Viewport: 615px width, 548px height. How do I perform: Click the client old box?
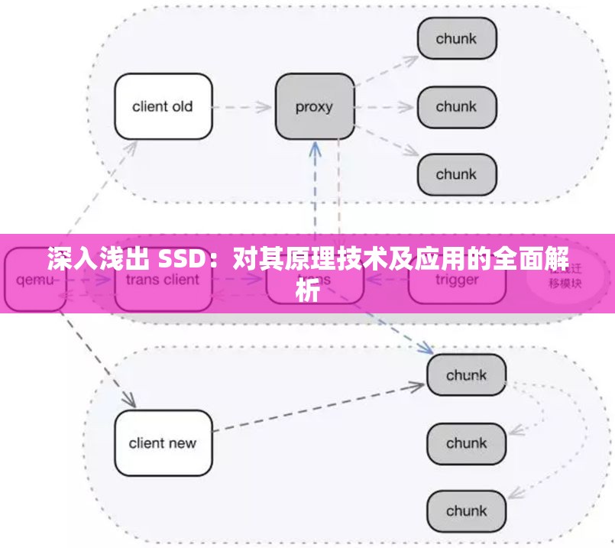[163, 106]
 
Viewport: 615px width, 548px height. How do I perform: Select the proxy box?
[314, 106]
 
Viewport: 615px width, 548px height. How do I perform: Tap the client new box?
[163, 443]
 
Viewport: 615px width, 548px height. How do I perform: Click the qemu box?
[35, 280]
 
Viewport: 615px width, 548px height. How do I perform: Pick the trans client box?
[163, 280]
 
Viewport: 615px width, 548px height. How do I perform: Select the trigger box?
[457, 280]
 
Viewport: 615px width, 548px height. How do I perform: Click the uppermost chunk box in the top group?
[456, 38]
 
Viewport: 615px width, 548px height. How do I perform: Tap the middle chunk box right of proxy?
[456, 106]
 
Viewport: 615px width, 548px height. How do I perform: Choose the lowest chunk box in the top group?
[456, 174]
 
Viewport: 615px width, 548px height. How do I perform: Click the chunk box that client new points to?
[466, 375]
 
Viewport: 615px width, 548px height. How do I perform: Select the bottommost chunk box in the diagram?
[466, 511]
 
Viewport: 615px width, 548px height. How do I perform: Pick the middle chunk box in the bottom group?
[466, 443]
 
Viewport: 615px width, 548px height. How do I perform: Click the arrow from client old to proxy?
[243, 107]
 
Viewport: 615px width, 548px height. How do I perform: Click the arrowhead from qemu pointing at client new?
[130, 400]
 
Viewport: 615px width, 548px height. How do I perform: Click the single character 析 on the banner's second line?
[307, 290]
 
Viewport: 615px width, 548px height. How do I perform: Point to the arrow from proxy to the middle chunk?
[386, 107]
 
